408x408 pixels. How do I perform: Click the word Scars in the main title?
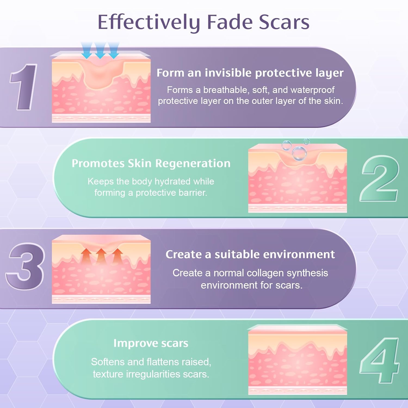[x=284, y=22]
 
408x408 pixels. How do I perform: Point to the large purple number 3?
[x=25, y=266]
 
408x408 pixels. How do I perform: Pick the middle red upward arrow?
[x=101, y=256]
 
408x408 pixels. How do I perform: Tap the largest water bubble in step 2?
[x=299, y=153]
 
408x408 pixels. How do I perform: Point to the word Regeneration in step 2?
[x=193, y=164]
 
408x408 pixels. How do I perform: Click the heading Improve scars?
[x=151, y=343]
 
